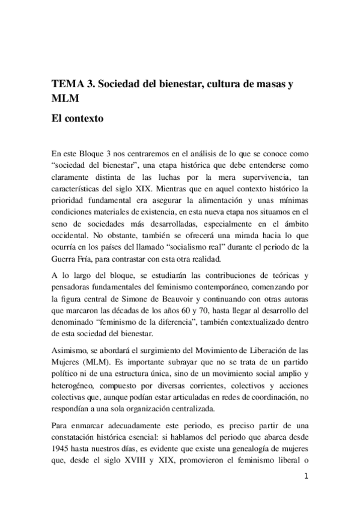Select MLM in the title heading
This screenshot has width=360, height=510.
coord(65,99)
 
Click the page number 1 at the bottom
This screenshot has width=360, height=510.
coord(306,478)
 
